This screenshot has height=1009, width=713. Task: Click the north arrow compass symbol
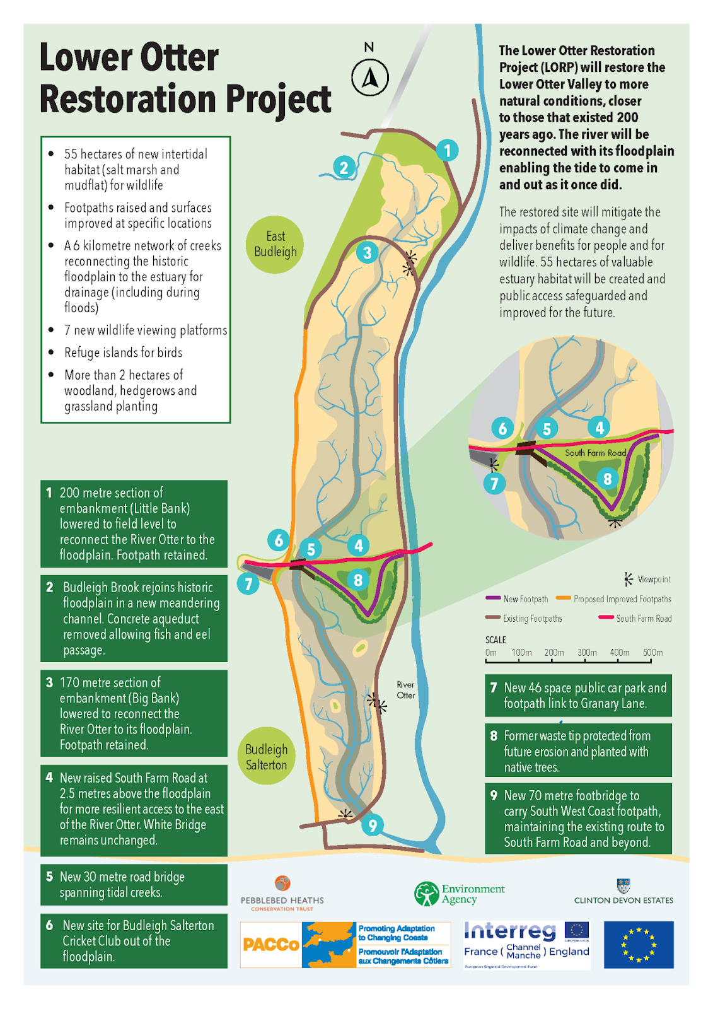point(369,78)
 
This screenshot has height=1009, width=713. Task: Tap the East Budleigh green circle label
point(275,245)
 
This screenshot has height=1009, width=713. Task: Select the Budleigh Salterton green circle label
point(266,757)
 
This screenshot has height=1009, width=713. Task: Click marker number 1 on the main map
point(447,151)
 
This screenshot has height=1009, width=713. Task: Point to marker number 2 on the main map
point(344,168)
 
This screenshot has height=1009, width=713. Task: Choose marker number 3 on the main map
point(367,253)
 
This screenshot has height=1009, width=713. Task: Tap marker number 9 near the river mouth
point(373,825)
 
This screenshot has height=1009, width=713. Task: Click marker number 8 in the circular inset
point(607,479)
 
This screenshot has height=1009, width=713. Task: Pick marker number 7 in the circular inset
point(494,484)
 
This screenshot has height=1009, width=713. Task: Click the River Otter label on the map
point(405,690)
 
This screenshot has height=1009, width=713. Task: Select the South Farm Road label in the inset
point(594,453)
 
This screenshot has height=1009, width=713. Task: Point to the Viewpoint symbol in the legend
point(627,579)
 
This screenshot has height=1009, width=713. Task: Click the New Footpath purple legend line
point(493,598)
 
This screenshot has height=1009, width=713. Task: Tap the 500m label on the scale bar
point(652,653)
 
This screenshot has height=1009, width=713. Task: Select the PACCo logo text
point(271,945)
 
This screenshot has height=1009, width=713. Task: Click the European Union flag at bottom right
point(638,945)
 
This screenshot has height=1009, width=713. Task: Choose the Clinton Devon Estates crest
point(623,885)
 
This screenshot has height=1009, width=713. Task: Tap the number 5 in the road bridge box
point(50,877)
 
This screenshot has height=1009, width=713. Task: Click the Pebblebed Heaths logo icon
point(282,883)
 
